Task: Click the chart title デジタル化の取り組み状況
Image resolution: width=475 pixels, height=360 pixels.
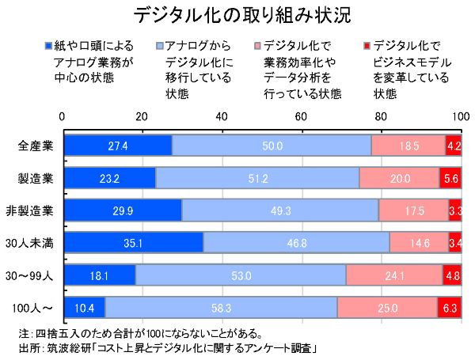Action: pos(237,16)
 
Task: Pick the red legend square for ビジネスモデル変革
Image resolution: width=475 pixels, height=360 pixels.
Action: pos(365,45)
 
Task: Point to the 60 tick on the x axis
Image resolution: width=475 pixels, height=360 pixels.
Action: pos(302,116)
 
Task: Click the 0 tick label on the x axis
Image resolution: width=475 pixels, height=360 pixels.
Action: pos(63,116)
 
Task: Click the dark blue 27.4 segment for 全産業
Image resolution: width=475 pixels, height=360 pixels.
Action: pos(117,146)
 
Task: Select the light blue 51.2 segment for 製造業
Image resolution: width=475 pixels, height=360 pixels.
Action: pos(257,178)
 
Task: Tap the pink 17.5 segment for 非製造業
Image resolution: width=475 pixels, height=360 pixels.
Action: pos(413,210)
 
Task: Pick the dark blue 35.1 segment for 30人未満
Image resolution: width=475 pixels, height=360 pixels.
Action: pos(132,243)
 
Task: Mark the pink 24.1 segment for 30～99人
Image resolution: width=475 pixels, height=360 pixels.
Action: pos(393,275)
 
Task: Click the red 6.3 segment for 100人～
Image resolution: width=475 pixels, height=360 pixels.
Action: pos(449,307)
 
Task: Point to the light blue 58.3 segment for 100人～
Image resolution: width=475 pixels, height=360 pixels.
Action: pos(221,307)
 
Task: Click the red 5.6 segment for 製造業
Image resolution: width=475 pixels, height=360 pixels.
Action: pos(450,178)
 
